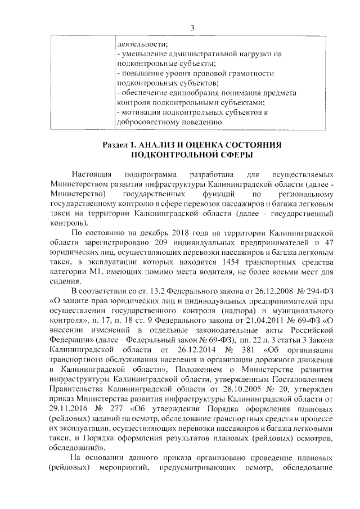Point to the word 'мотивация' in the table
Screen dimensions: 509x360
pos(141,113)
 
